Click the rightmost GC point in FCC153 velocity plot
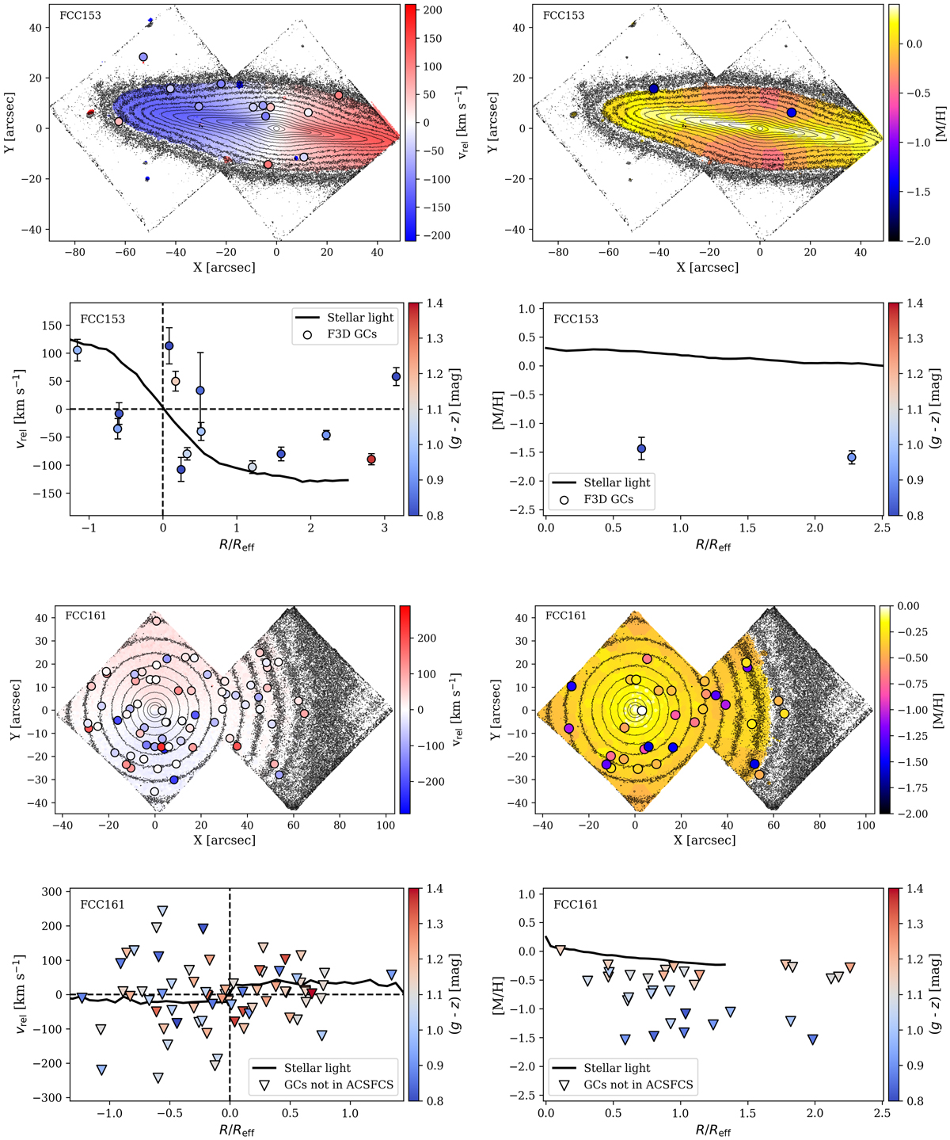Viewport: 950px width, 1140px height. point(396,377)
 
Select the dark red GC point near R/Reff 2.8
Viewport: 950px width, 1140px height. point(370,459)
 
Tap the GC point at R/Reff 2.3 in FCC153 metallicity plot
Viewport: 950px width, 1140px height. point(851,458)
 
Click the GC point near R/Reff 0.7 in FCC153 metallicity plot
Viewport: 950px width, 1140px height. point(641,448)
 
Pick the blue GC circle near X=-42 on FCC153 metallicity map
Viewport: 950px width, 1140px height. point(654,89)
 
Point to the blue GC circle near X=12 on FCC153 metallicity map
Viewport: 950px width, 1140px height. point(792,112)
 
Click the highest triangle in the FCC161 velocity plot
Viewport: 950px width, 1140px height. point(162,911)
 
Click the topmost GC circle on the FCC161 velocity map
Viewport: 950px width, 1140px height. point(156,621)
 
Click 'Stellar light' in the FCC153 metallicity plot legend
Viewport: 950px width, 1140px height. point(617,482)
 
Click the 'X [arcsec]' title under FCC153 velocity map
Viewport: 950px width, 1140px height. point(224,268)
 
